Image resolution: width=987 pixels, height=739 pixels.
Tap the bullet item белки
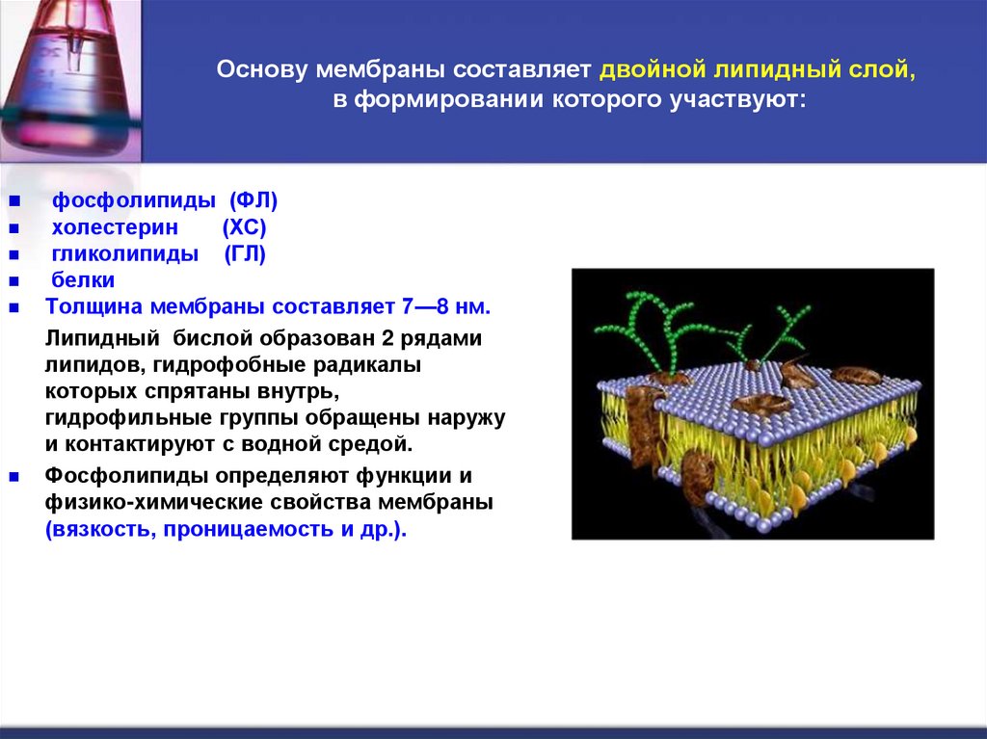pyautogui.click(x=83, y=280)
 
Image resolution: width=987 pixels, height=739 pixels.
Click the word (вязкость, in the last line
pyautogui.click(x=98, y=529)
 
